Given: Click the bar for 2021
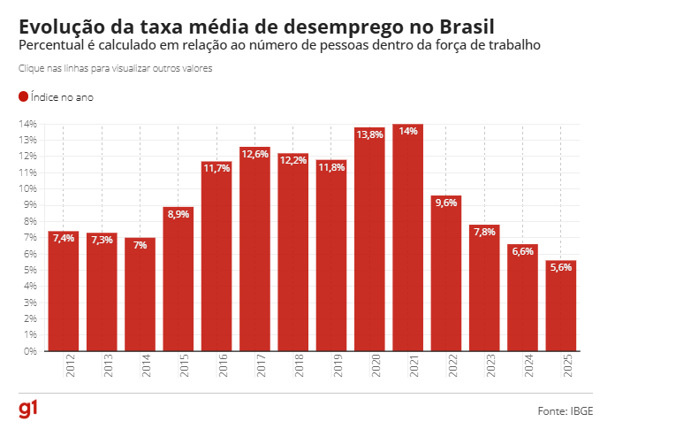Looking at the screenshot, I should [x=408, y=239].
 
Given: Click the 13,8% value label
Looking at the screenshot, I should [x=369, y=134].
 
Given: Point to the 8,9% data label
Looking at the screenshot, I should [x=178, y=213].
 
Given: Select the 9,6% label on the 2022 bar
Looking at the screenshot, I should [x=446, y=203].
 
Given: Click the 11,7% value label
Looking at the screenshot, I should [x=216, y=168].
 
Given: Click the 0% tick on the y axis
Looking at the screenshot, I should [x=29, y=351].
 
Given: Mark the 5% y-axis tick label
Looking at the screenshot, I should [x=29, y=270].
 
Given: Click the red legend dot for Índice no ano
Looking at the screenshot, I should [x=23, y=97].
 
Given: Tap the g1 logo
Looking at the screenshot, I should [x=28, y=410].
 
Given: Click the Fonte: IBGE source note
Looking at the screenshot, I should [x=566, y=411].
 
